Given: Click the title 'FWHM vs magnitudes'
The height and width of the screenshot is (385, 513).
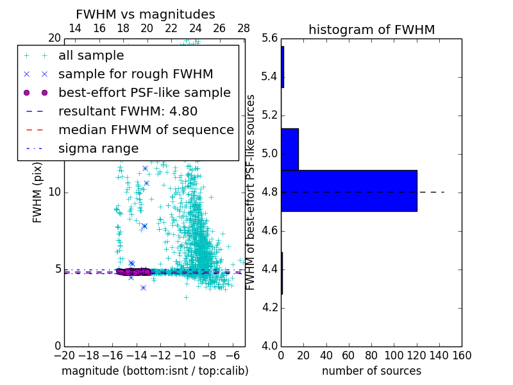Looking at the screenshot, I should pos(146,14).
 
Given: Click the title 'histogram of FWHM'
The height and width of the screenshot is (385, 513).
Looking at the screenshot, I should pos(371,30).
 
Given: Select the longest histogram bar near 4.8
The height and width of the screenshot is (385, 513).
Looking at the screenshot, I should pos(349,191).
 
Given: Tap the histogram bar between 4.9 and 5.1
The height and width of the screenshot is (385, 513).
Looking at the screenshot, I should pos(290,149).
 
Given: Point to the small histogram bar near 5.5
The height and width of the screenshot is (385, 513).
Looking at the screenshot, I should pos(282,67).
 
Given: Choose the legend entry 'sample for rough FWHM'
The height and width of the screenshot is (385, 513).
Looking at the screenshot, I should pos(135,74).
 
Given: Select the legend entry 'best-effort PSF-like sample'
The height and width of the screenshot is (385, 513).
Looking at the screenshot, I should pos(144,92).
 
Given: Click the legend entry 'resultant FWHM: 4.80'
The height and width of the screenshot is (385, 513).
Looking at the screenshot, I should pos(128,111).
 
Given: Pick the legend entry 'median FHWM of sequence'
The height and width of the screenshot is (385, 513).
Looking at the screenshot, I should pos(146,130).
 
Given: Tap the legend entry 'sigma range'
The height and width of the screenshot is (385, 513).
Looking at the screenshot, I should pos(98,148).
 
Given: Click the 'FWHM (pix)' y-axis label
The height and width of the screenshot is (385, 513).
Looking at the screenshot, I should pos(38,192).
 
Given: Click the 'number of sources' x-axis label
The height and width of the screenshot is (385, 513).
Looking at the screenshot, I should pos(371,371).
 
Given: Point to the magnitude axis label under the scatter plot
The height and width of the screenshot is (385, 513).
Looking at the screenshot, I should pos(155,371).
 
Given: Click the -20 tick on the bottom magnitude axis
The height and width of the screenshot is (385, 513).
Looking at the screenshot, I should pos(64,355).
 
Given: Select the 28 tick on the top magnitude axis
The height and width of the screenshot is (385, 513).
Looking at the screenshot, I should pos(244,28).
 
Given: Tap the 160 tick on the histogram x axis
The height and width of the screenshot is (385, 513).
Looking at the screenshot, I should pos(462,355).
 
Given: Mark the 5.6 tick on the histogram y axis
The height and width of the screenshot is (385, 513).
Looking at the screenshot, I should pos(270,38).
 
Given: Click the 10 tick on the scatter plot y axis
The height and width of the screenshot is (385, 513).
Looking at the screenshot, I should pos(55,192).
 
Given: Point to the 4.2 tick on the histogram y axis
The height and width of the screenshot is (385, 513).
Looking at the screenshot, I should pos(270,307).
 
